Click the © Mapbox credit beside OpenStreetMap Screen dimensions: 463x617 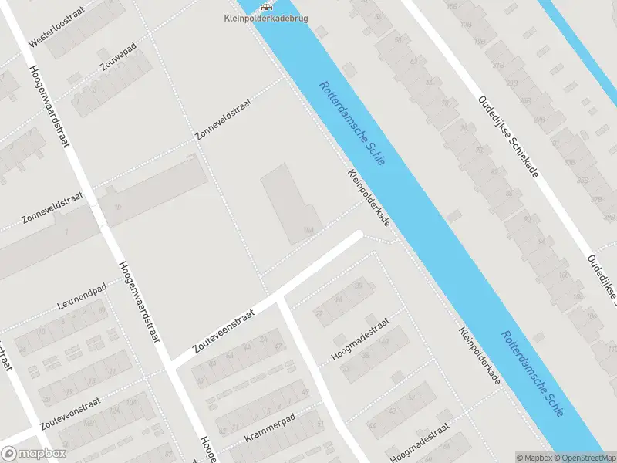534,457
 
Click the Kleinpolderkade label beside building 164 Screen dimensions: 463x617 368,198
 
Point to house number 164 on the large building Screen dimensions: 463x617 309,229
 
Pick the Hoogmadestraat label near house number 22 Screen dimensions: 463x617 361,339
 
